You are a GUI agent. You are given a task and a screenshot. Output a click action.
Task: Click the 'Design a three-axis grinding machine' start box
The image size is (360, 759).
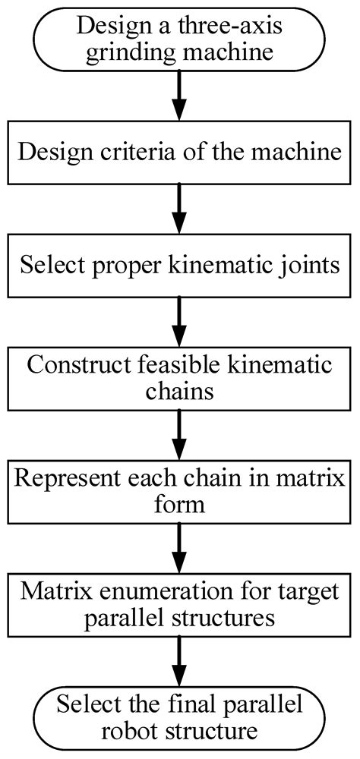point(179,36)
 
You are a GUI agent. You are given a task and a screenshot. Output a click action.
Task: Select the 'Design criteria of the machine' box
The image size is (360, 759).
point(179,151)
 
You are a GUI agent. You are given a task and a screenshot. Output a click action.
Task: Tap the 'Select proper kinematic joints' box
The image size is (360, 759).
point(179,266)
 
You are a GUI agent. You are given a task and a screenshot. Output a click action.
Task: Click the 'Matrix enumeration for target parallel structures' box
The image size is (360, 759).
point(179,603)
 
